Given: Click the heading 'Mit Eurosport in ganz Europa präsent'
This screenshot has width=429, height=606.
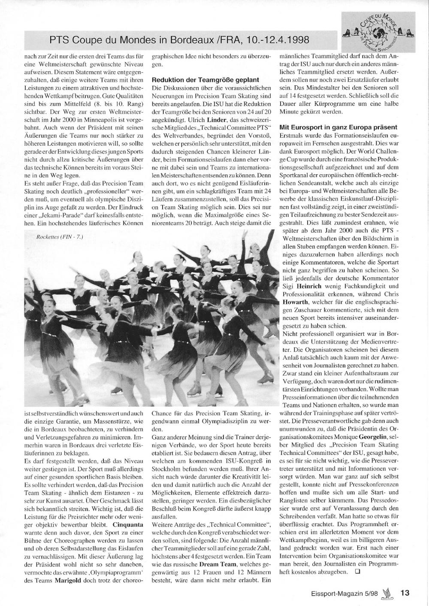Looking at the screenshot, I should click(338, 127).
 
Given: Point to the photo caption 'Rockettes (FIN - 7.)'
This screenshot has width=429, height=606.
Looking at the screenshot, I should click(60, 237).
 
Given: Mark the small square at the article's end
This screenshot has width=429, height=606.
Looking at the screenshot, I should click(358, 572).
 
